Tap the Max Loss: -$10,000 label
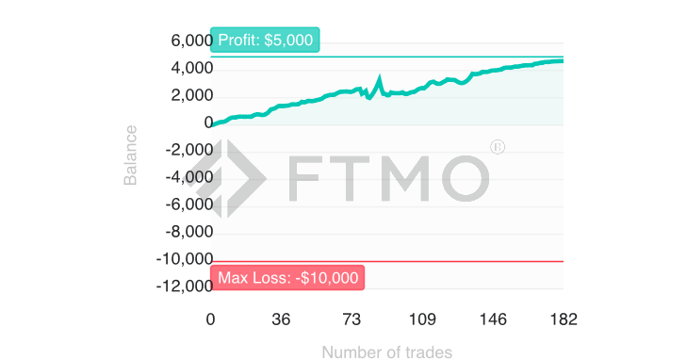pyautogui.click(x=287, y=277)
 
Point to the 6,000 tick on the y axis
pyautogui.click(x=191, y=41)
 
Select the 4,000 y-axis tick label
pyautogui.click(x=191, y=69)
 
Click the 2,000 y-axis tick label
pyautogui.click(x=191, y=96)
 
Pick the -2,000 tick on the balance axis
pyautogui.click(x=188, y=150)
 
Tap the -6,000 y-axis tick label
pyautogui.click(x=188, y=205)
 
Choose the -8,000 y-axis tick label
pyautogui.click(x=188, y=232)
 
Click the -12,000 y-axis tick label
pyautogui.click(x=186, y=286)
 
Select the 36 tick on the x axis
pyautogui.click(x=281, y=319)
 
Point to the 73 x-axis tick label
pyautogui.click(x=352, y=319)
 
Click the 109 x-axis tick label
pyautogui.click(x=422, y=319)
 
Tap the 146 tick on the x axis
pyautogui.click(x=493, y=319)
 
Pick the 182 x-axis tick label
pyautogui.click(x=563, y=319)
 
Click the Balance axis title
pyautogui.click(x=130, y=155)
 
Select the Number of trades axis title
pyautogui.click(x=386, y=352)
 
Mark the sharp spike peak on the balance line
pyautogui.click(x=379, y=78)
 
